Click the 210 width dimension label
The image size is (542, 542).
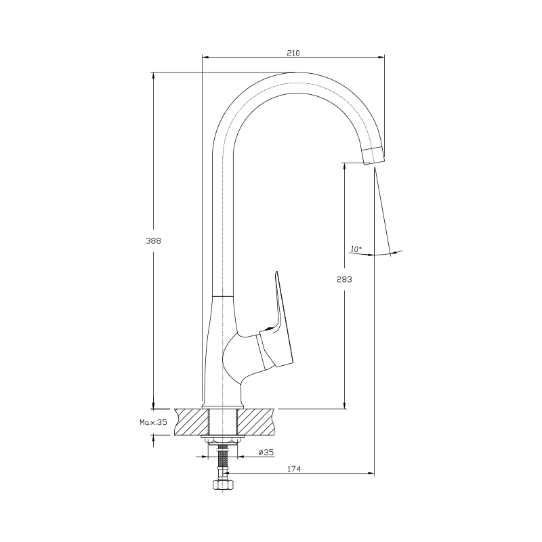coord(293,53)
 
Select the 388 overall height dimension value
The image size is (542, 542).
coord(153,241)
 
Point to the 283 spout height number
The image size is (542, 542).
coord(344,279)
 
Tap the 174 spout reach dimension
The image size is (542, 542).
coord(294,469)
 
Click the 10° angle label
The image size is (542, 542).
coord(356,249)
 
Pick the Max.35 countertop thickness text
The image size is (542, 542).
coord(154,422)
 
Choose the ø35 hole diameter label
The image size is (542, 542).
coord(266,452)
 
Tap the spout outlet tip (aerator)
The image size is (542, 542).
coord(373,155)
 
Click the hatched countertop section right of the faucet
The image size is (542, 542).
coord(257,421)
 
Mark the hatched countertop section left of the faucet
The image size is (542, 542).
coord(192,421)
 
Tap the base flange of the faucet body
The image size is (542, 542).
coord(223,405)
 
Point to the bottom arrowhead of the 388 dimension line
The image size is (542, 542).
coord(154,405)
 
